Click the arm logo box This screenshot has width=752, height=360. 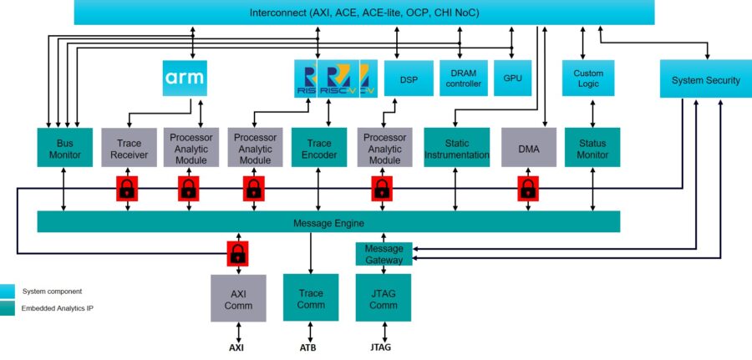tap(183, 79)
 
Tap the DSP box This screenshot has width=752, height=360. tap(409, 79)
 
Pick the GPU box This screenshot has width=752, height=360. tap(512, 79)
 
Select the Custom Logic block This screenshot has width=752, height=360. tap(588, 79)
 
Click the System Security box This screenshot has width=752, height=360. tap(705, 80)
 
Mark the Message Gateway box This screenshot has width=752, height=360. tap(384, 254)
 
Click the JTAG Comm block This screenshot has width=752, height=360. tap(384, 298)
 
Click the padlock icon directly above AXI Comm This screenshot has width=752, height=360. tap(237, 252)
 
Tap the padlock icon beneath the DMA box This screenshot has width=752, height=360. tap(528, 189)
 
